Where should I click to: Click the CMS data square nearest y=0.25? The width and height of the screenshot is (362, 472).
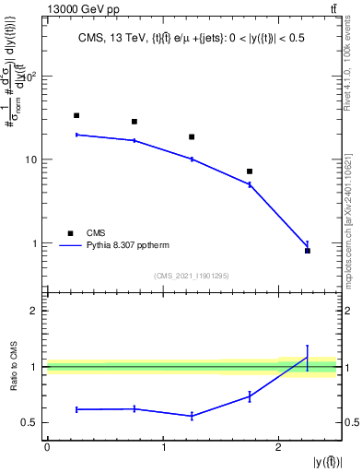pyautogui.click(x=76, y=115)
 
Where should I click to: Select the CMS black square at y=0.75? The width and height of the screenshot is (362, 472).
pyautogui.click(x=134, y=122)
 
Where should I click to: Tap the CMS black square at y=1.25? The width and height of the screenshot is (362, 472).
pyautogui.click(x=192, y=136)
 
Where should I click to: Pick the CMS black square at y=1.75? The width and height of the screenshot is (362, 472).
pyautogui.click(x=250, y=171)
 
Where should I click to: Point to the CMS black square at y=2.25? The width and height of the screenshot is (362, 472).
pyautogui.click(x=308, y=251)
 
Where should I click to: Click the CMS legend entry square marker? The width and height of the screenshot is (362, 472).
pyautogui.click(x=69, y=233)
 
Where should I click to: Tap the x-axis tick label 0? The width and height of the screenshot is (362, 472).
pyautogui.click(x=47, y=447)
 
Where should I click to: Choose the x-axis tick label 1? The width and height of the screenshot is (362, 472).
pyautogui.click(x=163, y=447)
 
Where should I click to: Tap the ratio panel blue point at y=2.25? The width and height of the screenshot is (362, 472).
pyautogui.click(x=308, y=358)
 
